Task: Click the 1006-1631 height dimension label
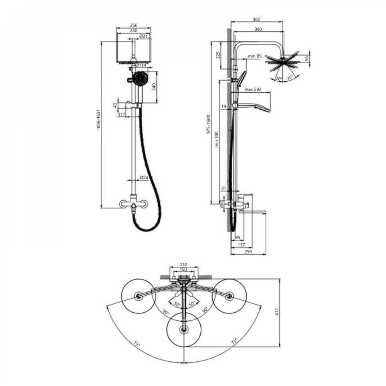pyautogui.click(x=99, y=120)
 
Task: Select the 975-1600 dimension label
pyautogui.click(x=208, y=124)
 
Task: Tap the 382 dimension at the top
pyautogui.click(x=256, y=19)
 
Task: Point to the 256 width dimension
pyautogui.click(x=134, y=25)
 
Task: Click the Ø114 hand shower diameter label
pyautogui.click(x=141, y=65)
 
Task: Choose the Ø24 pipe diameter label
pyautogui.click(x=144, y=177)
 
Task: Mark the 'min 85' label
pyautogui.click(x=254, y=56)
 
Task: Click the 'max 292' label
pyautogui.click(x=253, y=90)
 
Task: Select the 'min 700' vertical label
pyautogui.click(x=217, y=139)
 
